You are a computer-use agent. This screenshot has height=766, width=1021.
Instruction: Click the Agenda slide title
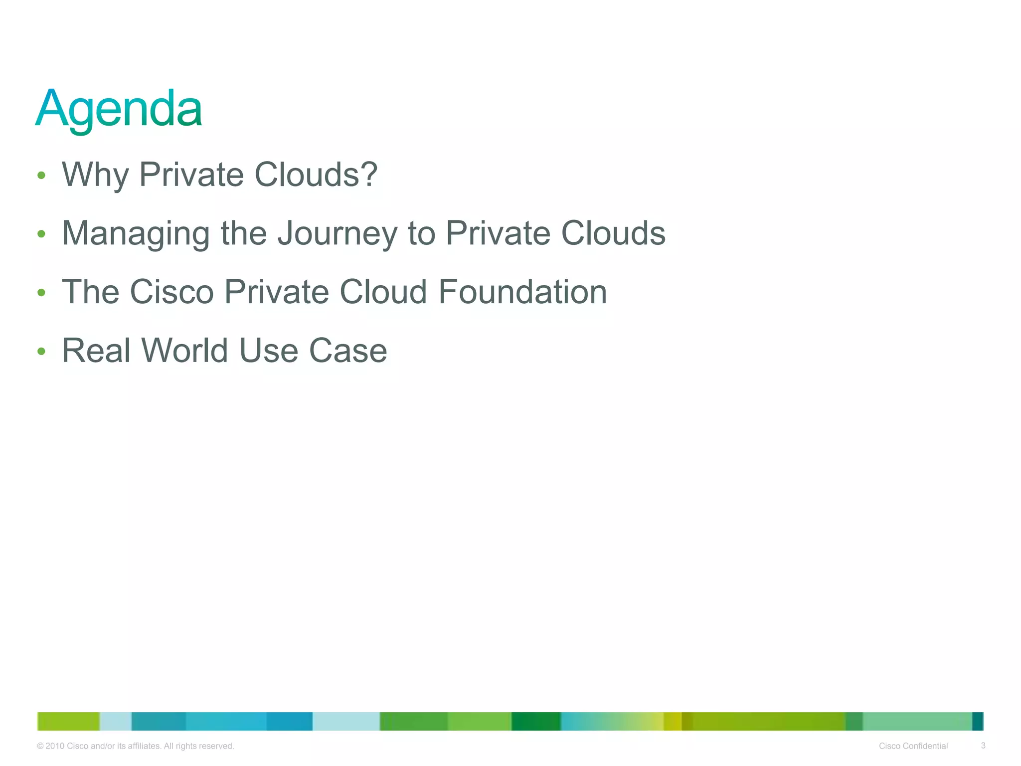[119, 108]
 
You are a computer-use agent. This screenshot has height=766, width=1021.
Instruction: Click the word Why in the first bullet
[95, 175]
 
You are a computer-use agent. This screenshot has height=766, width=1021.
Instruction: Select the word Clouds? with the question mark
[316, 175]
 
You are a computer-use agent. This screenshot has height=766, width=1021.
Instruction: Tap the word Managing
[136, 233]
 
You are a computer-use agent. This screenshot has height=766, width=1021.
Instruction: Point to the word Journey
[337, 233]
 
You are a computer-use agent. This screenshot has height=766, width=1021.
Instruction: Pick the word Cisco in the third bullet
[171, 292]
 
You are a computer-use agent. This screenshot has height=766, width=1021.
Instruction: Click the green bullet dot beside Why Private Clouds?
[41, 176]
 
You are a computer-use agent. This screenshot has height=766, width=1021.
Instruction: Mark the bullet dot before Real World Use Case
[41, 351]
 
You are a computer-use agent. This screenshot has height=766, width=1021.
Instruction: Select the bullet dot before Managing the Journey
[41, 234]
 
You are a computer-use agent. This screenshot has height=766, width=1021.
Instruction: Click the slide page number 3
[983, 746]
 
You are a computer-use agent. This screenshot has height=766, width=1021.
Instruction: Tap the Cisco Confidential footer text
[913, 746]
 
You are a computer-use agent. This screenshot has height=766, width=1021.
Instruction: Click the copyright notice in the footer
[136, 746]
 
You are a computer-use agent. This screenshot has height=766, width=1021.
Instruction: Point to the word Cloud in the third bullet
[383, 292]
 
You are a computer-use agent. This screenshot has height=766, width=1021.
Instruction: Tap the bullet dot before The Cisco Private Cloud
[41, 292]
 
